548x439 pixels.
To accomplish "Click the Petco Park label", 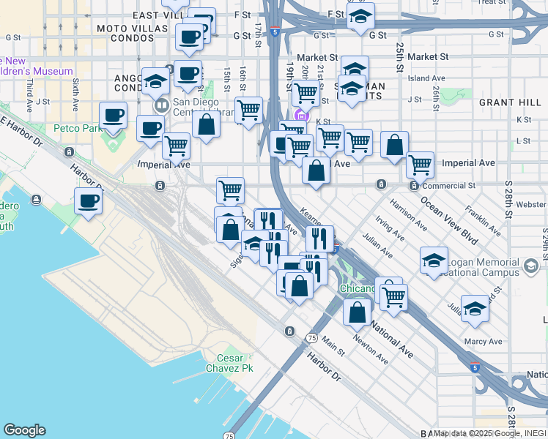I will [78, 128].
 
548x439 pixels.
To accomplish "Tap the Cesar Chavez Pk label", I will [234, 364].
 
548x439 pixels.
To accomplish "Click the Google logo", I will [24, 430].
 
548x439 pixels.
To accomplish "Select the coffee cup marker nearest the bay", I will [88, 202].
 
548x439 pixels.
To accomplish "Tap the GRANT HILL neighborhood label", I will [505, 102].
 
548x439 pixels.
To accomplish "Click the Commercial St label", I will [451, 186].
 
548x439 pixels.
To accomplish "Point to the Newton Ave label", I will [371, 350].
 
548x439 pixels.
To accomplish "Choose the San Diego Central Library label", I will [203, 107].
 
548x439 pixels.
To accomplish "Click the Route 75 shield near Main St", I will [312, 338].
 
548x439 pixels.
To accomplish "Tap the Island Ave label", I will [427, 78].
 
